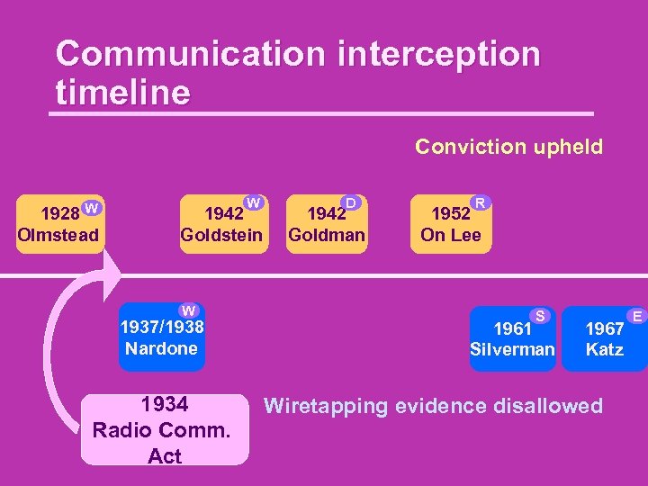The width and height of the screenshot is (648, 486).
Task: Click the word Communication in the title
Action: (x=189, y=54)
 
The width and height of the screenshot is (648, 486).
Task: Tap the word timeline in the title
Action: (x=123, y=92)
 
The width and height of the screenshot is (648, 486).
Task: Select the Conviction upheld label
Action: (x=508, y=147)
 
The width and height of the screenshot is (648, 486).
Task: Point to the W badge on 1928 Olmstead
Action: (x=92, y=209)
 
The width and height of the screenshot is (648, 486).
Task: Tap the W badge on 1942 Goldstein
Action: (x=255, y=203)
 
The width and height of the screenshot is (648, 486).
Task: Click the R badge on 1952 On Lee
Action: (x=481, y=203)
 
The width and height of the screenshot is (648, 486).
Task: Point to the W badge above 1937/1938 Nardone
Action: (x=189, y=311)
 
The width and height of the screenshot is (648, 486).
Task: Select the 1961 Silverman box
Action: (x=512, y=338)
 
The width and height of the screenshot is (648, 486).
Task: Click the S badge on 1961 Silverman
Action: (x=541, y=315)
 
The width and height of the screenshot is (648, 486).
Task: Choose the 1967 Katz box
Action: (x=603, y=338)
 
